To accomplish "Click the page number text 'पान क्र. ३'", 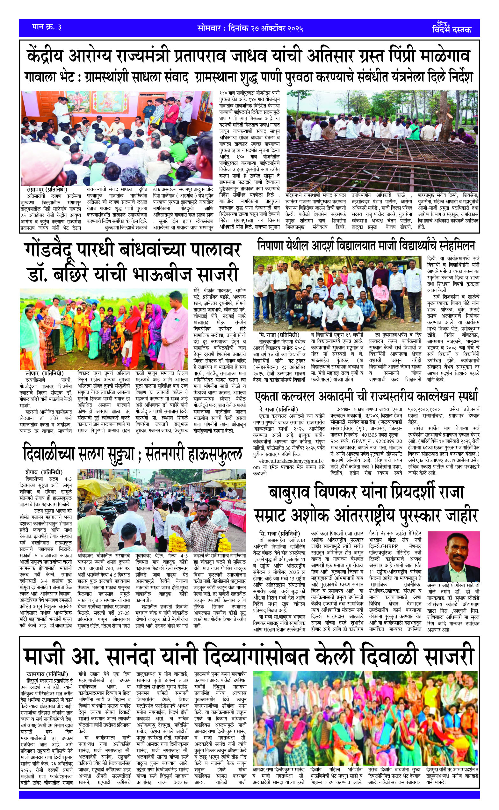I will [47, 28].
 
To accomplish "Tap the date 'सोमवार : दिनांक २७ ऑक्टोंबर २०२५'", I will [250, 28].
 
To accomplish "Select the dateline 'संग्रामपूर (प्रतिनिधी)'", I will [47, 190].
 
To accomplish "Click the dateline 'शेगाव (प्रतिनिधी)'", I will [44, 472].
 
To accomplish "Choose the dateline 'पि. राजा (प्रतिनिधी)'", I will [279, 334].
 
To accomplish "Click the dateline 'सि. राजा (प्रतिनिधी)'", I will [279, 534].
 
